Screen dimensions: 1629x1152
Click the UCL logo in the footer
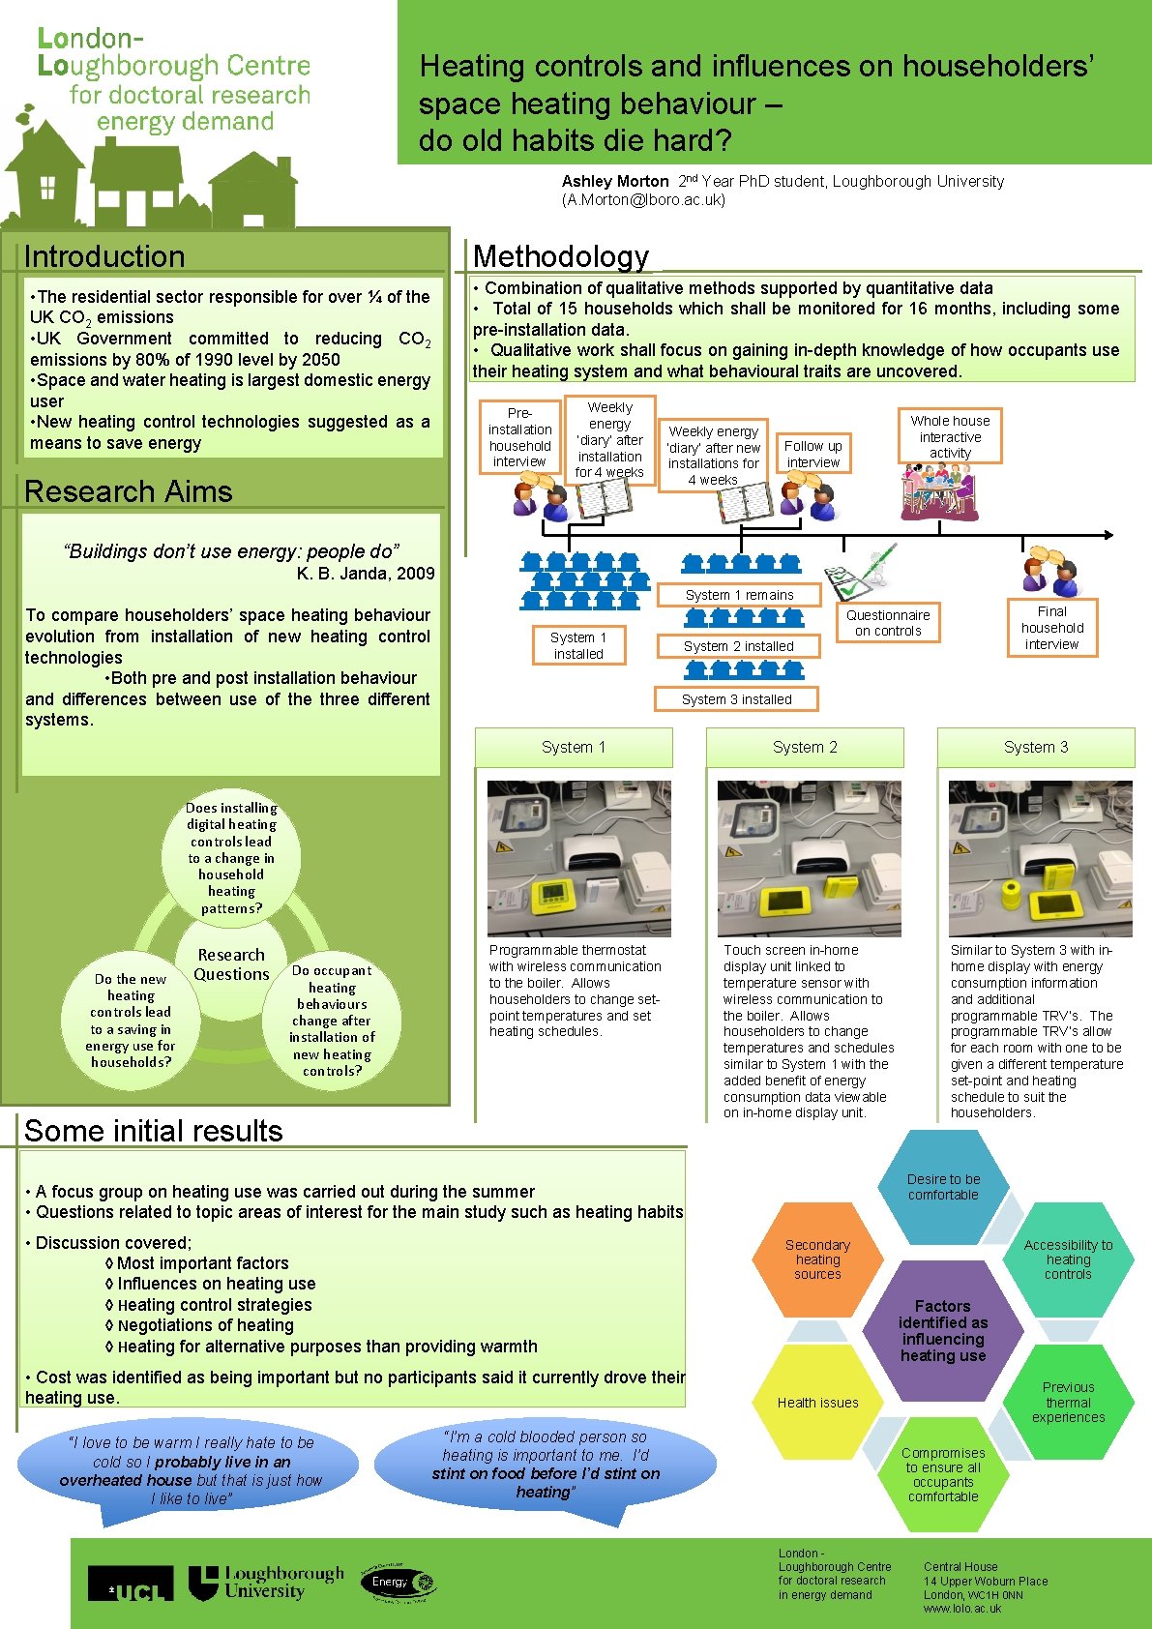click(131, 1584)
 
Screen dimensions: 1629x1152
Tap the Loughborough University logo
click(266, 1583)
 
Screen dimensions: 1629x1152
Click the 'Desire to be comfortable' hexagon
click(943, 1187)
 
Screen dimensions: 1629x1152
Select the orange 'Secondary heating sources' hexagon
click(817, 1259)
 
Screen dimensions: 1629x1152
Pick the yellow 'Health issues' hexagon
click(817, 1403)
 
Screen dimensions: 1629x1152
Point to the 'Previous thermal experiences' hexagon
click(1068, 1402)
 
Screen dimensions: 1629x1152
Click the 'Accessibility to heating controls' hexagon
click(1068, 1259)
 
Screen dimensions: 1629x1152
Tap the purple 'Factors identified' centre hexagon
click(942, 1331)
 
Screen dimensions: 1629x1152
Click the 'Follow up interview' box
click(812, 454)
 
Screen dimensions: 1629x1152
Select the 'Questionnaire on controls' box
click(888, 623)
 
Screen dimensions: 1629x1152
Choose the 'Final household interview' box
click(1051, 628)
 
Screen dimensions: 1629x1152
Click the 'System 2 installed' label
click(738, 646)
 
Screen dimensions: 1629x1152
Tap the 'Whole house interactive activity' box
click(950, 436)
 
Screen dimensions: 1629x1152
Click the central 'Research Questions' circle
click(231, 964)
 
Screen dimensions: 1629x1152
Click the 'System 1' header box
click(574, 748)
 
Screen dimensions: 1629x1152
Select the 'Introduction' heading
click(104, 256)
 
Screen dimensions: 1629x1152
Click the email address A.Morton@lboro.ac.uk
click(643, 200)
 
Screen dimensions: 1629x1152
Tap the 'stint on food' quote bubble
click(546, 1464)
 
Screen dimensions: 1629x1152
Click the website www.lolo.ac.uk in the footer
click(962, 1609)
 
